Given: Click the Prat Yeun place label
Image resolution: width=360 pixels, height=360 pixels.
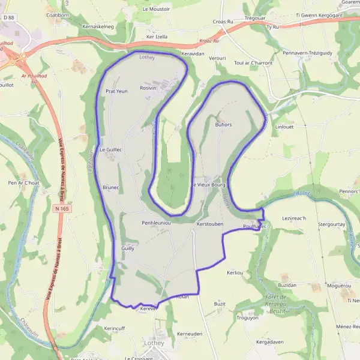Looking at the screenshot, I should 117,91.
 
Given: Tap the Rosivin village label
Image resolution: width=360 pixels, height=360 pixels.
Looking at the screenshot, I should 148,88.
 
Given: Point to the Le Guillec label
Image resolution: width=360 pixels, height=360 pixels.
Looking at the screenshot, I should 111,149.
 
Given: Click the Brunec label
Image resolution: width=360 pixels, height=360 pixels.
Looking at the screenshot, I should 111,187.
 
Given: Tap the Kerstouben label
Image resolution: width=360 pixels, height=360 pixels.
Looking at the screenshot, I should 210,223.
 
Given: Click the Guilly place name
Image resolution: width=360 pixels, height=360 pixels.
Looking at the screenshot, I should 128,247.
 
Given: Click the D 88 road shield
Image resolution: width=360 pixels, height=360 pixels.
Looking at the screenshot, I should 8,18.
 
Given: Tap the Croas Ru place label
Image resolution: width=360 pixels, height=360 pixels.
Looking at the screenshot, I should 223,22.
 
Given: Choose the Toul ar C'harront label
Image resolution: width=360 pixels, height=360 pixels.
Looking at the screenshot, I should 253,62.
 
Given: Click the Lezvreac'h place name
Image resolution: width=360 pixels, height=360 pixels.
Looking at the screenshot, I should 294,218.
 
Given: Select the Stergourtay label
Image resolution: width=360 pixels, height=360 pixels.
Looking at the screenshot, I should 331,224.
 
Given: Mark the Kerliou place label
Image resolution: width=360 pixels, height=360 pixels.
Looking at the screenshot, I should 235,272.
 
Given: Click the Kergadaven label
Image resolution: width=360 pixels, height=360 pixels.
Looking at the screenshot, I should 269,341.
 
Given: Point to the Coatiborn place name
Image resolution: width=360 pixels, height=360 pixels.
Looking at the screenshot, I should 58,14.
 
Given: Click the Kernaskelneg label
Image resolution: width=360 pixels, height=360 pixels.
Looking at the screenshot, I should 98,27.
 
